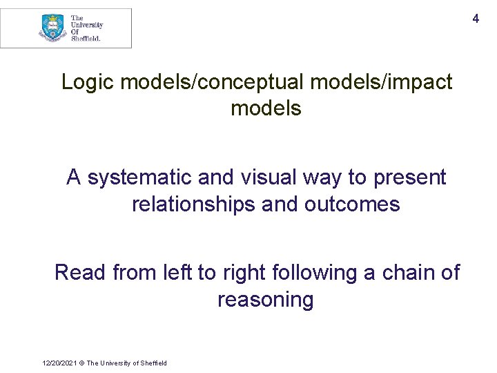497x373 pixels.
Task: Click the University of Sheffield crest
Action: tap(53, 28)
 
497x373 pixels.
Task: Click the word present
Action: tap(410, 178)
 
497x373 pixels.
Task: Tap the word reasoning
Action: tap(265, 300)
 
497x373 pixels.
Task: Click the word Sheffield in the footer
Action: tap(152, 363)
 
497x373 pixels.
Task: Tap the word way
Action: tap(321, 178)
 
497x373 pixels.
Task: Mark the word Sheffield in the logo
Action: tap(86, 39)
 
